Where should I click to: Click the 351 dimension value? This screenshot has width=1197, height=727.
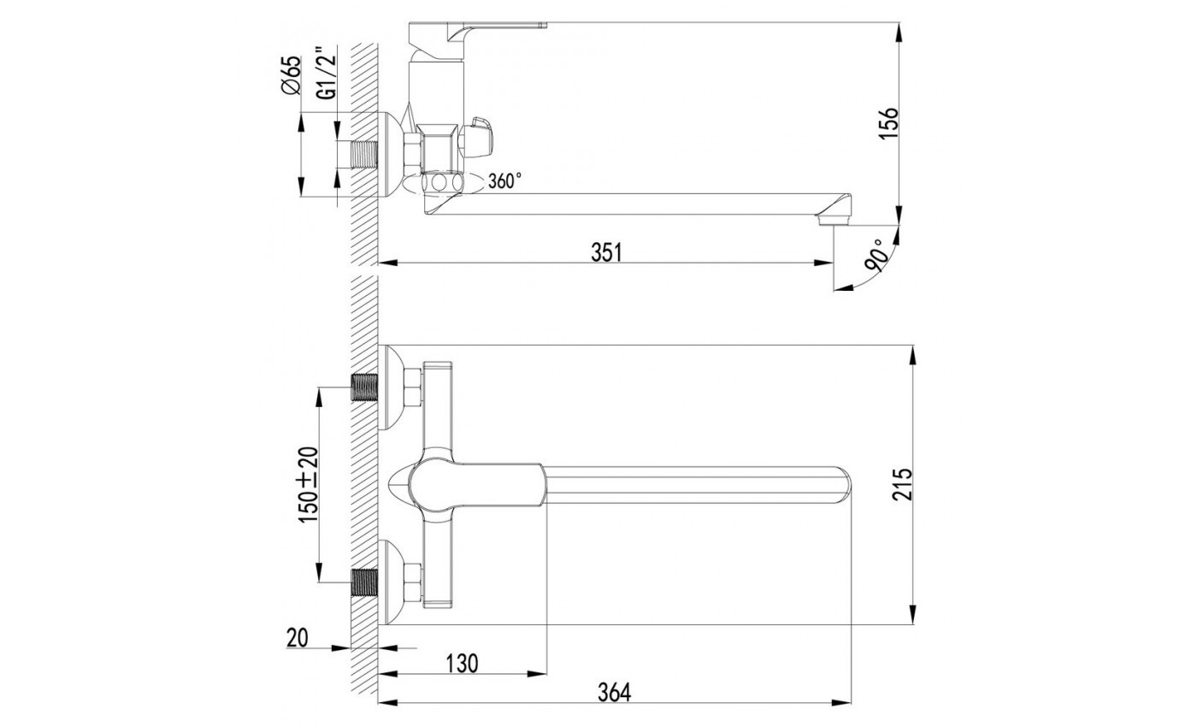click(x=606, y=252)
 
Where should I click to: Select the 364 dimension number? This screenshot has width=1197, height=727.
click(x=614, y=693)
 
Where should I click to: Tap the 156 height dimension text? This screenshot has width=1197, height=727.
click(x=888, y=123)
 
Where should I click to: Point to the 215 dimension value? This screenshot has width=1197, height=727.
click(x=902, y=484)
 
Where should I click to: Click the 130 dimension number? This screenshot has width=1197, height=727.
click(x=462, y=664)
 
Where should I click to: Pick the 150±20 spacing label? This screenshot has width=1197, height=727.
click(x=309, y=484)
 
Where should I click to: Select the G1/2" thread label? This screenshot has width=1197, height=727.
click(x=327, y=74)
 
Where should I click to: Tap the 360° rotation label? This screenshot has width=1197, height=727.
click(x=504, y=180)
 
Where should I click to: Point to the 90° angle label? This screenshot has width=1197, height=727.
click(x=878, y=256)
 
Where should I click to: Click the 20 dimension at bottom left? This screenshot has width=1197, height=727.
click(x=298, y=638)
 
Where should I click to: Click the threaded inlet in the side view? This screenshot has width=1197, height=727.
click(x=363, y=155)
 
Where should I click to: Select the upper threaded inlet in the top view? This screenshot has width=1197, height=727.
click(x=364, y=388)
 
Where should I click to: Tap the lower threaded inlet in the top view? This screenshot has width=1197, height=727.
click(x=364, y=582)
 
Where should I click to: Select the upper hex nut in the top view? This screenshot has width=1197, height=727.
click(x=413, y=388)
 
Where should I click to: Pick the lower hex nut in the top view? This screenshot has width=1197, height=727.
click(x=413, y=582)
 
